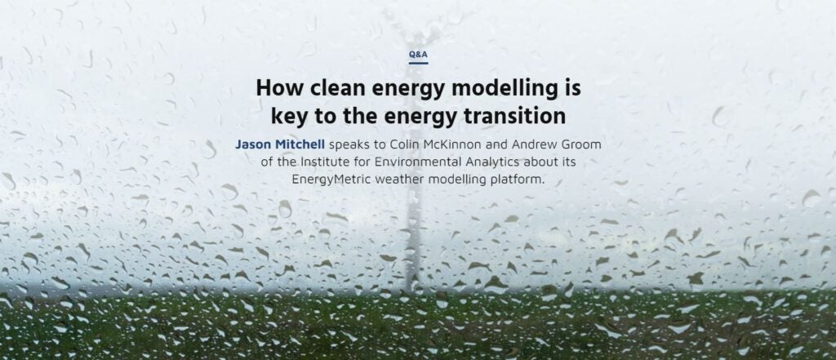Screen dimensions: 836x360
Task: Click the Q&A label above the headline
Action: (x=419, y=55)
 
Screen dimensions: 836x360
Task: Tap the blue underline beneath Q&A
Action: (x=419, y=64)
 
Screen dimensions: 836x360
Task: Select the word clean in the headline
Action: (x=337, y=88)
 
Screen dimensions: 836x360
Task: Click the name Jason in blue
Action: (x=253, y=144)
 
